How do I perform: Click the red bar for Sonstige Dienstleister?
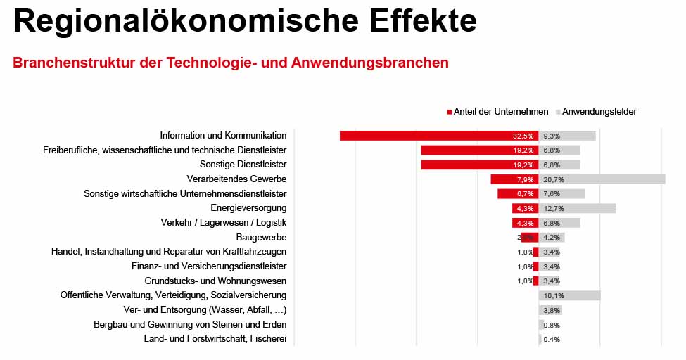[464, 165]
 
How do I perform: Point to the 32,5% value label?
[523, 136]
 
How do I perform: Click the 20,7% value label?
[553, 179]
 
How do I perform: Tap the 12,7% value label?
[553, 208]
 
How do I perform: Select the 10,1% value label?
[553, 295]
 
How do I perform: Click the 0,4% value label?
[552, 340]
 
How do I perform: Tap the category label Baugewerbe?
[261, 238]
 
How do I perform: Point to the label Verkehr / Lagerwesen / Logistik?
[223, 223]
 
